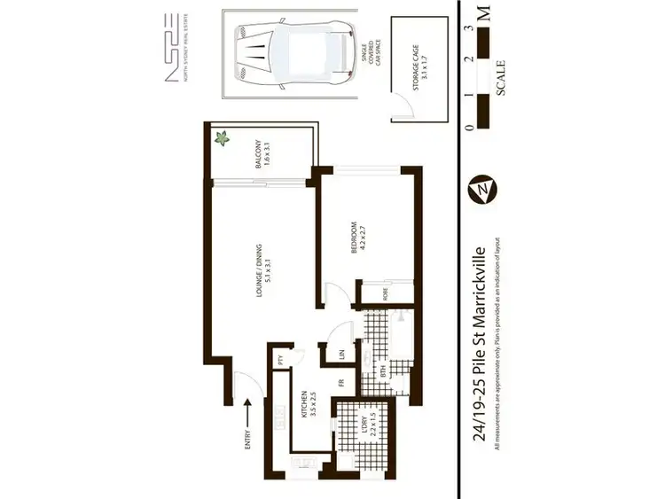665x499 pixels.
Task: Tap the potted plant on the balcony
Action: (x=221, y=139)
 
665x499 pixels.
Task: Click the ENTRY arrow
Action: (x=250, y=417)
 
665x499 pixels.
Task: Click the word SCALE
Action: (x=502, y=77)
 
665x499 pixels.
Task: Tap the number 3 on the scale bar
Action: (x=467, y=29)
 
